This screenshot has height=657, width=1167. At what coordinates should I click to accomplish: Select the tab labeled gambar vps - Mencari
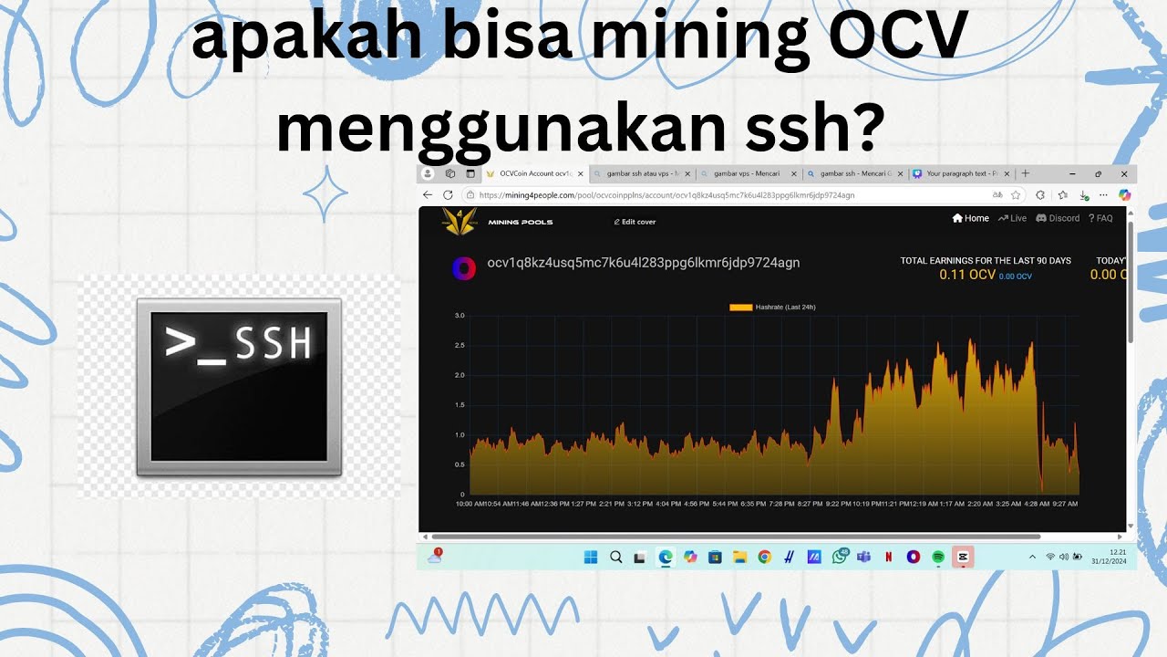746,173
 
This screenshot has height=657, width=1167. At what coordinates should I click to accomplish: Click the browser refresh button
448,194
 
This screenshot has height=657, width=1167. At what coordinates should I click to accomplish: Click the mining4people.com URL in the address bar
666,195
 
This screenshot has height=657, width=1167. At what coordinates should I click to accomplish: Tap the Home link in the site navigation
971,218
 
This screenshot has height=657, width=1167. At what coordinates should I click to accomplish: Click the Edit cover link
635,222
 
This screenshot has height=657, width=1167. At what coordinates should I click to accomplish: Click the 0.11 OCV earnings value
967,275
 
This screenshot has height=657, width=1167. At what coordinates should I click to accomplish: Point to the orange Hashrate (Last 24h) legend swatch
740,308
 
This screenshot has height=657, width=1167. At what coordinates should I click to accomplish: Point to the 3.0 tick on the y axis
460,316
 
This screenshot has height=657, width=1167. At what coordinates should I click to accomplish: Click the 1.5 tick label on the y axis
460,405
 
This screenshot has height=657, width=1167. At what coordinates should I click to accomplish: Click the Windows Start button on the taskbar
590,557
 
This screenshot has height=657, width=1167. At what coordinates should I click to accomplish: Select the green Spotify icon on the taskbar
937,557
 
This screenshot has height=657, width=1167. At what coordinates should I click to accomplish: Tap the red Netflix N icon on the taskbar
888,557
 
